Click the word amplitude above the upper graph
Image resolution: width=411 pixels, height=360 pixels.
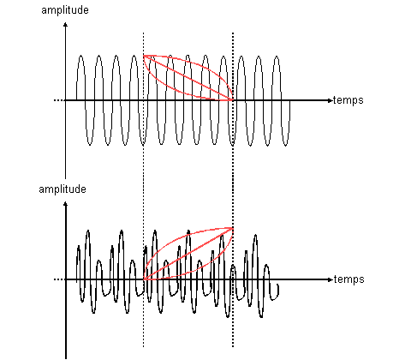tap(65, 10)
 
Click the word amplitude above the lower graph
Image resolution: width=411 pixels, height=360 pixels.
tap(63, 189)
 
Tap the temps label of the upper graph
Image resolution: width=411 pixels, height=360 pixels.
tap(348, 100)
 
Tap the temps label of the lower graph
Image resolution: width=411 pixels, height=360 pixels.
tap(349, 279)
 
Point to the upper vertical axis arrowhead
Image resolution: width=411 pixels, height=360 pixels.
tap(66, 24)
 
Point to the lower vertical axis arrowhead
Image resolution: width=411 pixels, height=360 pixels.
tap(66, 203)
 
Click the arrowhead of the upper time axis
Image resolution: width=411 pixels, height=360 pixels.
tap(331, 100)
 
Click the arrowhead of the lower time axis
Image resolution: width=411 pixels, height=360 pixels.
tap(331, 279)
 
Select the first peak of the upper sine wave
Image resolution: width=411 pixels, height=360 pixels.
tap(81, 56)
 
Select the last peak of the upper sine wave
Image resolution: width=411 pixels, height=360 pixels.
tap(277, 57)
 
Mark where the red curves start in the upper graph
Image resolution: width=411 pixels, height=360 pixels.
tap(144, 56)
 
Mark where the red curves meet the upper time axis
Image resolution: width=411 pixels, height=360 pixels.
tap(233, 100)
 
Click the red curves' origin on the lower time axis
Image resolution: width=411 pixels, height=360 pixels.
tap(144, 279)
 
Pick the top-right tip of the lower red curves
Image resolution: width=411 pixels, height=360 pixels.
tap(233, 228)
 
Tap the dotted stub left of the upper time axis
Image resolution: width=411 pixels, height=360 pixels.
tap(58, 100)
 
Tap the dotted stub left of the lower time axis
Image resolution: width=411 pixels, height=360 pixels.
tap(58, 279)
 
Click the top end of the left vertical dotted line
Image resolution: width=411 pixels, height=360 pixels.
tap(143, 33)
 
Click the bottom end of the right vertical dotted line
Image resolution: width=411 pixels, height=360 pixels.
tap(233, 346)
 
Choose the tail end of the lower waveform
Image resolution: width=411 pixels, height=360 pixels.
tap(278, 285)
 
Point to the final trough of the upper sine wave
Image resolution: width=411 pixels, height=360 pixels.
tap(286, 145)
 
